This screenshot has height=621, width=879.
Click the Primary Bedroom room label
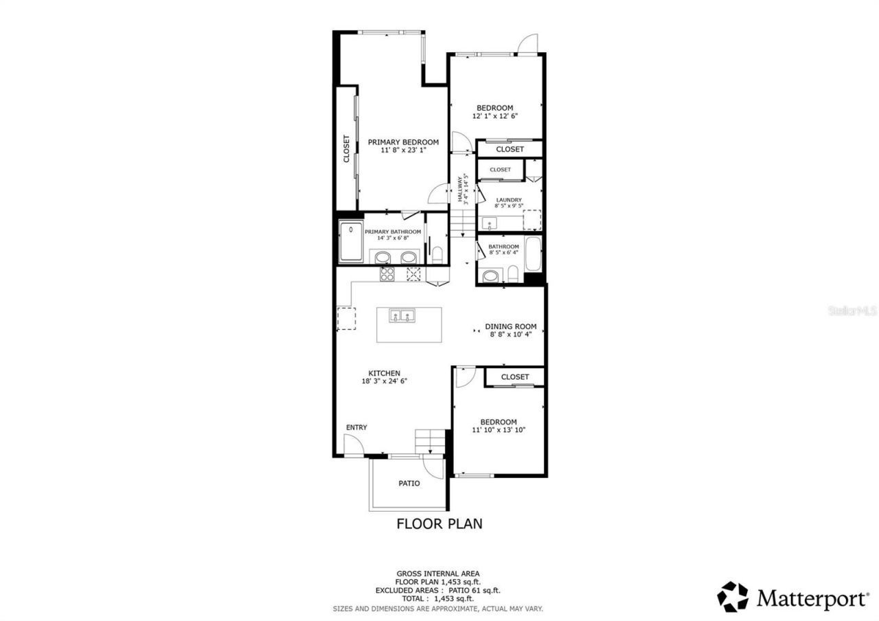click(403, 142)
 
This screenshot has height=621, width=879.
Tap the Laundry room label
click(509, 201)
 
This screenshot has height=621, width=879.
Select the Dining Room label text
click(510, 327)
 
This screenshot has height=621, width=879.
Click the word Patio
click(409, 484)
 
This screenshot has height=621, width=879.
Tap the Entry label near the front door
click(356, 427)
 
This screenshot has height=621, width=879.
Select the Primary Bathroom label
click(393, 232)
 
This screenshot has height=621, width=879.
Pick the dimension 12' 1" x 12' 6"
click(494, 116)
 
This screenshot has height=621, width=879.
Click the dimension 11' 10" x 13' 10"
click(499, 430)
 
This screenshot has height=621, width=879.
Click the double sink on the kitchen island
click(402, 316)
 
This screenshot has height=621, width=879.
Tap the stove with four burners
click(387, 274)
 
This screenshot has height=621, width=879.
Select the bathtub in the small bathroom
click(533, 255)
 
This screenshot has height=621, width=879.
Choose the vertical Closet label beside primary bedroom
click(347, 148)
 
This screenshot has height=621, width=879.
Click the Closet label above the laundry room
click(500, 170)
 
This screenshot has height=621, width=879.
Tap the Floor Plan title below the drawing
click(439, 523)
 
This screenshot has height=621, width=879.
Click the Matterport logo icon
click(733, 596)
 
